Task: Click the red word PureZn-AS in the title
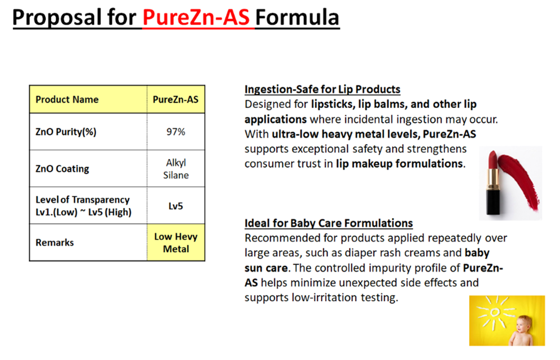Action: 196,17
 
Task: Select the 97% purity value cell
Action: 176,132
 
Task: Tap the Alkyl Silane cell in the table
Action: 176,169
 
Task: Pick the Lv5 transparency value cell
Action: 176,206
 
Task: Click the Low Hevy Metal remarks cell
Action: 176,243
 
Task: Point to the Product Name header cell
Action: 88,99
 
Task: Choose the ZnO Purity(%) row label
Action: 66,132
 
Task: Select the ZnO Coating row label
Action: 62,169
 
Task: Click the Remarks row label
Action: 55,243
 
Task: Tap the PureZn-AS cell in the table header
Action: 176,99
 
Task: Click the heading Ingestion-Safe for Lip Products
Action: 322,90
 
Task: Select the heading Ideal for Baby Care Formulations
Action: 329,223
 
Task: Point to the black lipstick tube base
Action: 493,202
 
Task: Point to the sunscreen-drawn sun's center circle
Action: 495,312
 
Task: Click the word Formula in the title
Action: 297,17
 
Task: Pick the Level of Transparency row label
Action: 83,206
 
